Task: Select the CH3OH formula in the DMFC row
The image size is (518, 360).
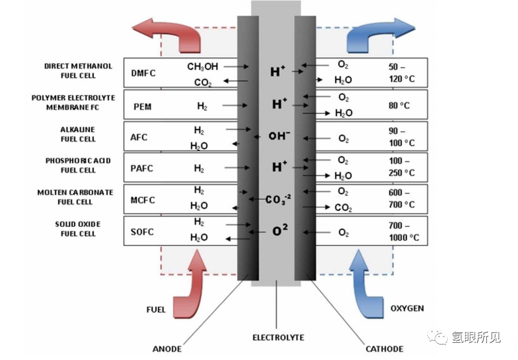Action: tap(203, 67)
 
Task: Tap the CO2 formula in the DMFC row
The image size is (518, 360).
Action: tap(203, 83)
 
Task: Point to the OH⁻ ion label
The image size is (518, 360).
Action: tap(279, 136)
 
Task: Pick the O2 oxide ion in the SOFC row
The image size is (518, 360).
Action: tap(280, 230)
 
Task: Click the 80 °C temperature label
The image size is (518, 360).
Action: tap(399, 106)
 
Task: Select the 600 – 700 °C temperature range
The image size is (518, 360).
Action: tap(401, 198)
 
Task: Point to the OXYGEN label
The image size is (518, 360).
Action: tap(407, 308)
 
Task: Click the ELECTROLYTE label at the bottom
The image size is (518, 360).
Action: tap(278, 338)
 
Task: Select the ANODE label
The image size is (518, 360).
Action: tap(167, 349)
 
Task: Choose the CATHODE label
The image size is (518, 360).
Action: tap(384, 349)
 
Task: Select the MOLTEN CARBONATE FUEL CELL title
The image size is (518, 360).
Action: tap(75, 197)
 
